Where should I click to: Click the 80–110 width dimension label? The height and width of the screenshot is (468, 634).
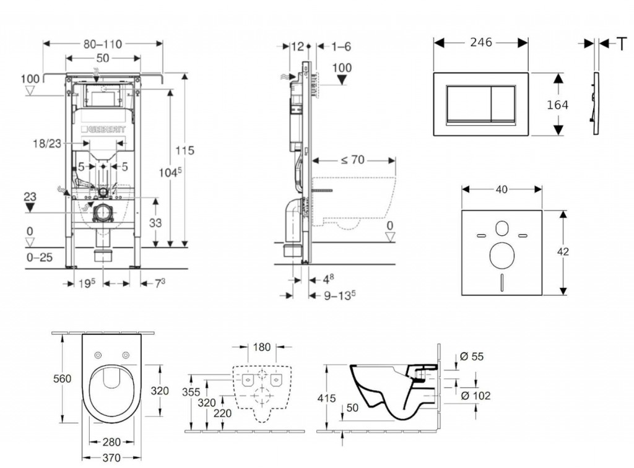[x=103, y=44]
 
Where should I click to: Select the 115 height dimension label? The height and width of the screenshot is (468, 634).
[x=185, y=150]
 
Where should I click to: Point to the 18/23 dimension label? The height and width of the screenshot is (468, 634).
[x=47, y=144]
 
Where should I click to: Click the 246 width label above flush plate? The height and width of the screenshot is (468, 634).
[x=481, y=43]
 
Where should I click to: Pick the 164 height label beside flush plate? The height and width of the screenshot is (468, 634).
[x=558, y=105]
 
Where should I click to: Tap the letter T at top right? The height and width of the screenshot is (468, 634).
[x=622, y=44]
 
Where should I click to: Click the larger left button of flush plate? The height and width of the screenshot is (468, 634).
[x=469, y=103]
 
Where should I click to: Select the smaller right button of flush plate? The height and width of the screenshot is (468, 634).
[x=503, y=103]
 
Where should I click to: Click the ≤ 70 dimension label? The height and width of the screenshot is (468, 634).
[x=352, y=160]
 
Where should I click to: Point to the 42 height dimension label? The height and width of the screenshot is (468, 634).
[x=563, y=252]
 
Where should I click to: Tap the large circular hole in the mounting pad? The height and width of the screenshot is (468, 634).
[x=502, y=256]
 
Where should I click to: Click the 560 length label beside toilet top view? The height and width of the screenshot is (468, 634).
[x=63, y=379]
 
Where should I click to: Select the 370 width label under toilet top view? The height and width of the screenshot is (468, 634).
[x=111, y=457]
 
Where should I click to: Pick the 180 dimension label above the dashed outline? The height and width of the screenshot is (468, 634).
[x=262, y=347]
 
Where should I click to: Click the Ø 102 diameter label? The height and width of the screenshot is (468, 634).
[x=475, y=396]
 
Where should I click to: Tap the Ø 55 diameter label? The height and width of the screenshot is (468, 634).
[x=472, y=357]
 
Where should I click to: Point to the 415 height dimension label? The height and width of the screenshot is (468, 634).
[x=326, y=399]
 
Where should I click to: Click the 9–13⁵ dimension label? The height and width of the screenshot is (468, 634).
[x=340, y=295]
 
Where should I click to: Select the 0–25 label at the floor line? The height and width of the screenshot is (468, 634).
[x=40, y=258]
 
